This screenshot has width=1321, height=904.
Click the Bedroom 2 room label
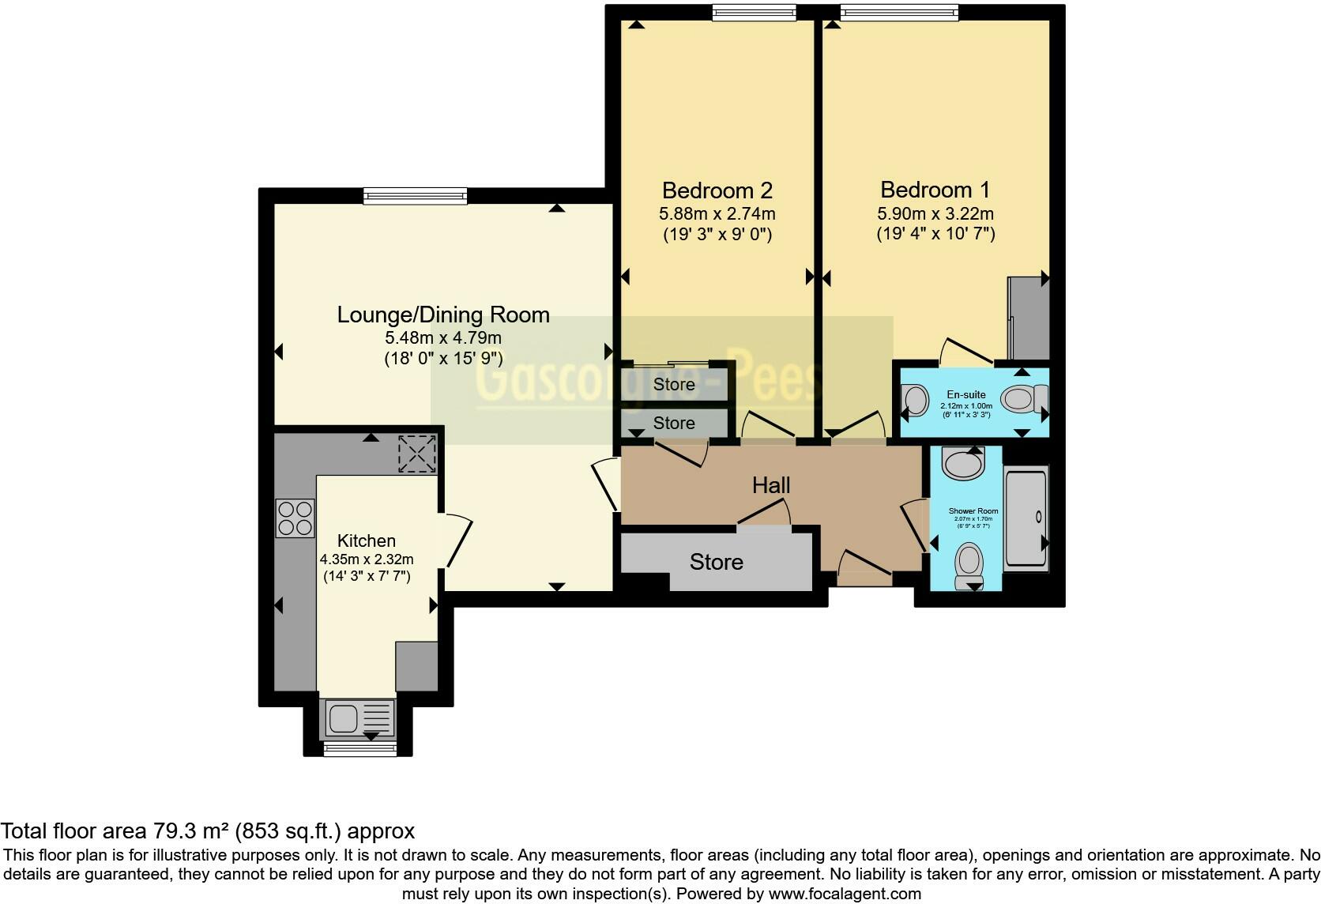[x=717, y=190]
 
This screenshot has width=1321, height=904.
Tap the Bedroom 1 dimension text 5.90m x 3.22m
[x=935, y=213]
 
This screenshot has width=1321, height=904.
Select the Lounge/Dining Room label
[x=442, y=315]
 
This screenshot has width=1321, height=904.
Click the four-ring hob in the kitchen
[x=295, y=518]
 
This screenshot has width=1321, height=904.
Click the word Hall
[x=770, y=484]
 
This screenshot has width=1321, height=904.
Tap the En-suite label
[x=965, y=394]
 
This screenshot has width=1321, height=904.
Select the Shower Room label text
[x=973, y=511]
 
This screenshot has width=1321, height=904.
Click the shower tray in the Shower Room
[x=1026, y=518]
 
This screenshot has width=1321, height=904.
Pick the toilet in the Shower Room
[x=969, y=564]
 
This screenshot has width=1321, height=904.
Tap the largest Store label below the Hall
[x=716, y=562]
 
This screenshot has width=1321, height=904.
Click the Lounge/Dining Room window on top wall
[x=415, y=194]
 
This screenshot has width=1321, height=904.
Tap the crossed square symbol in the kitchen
[x=416, y=454]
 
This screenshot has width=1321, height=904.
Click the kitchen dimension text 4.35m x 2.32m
[x=366, y=559]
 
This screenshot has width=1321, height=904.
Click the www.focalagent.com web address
[x=845, y=895]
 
